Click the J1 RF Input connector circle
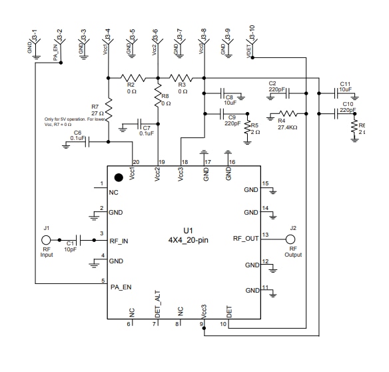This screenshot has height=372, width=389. point(47,239)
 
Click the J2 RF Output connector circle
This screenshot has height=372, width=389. point(291,239)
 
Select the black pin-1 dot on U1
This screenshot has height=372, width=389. point(119,177)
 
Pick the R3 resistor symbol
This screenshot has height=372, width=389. point(181,77)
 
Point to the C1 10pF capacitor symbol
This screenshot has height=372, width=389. point(79,239)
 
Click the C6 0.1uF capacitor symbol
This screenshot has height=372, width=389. point(87,141)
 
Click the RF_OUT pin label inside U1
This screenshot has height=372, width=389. point(245,238)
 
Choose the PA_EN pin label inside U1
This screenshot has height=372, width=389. point(121,287)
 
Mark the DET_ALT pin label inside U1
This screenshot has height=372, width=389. point(158,301)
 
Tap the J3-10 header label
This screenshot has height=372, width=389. point(250,33)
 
